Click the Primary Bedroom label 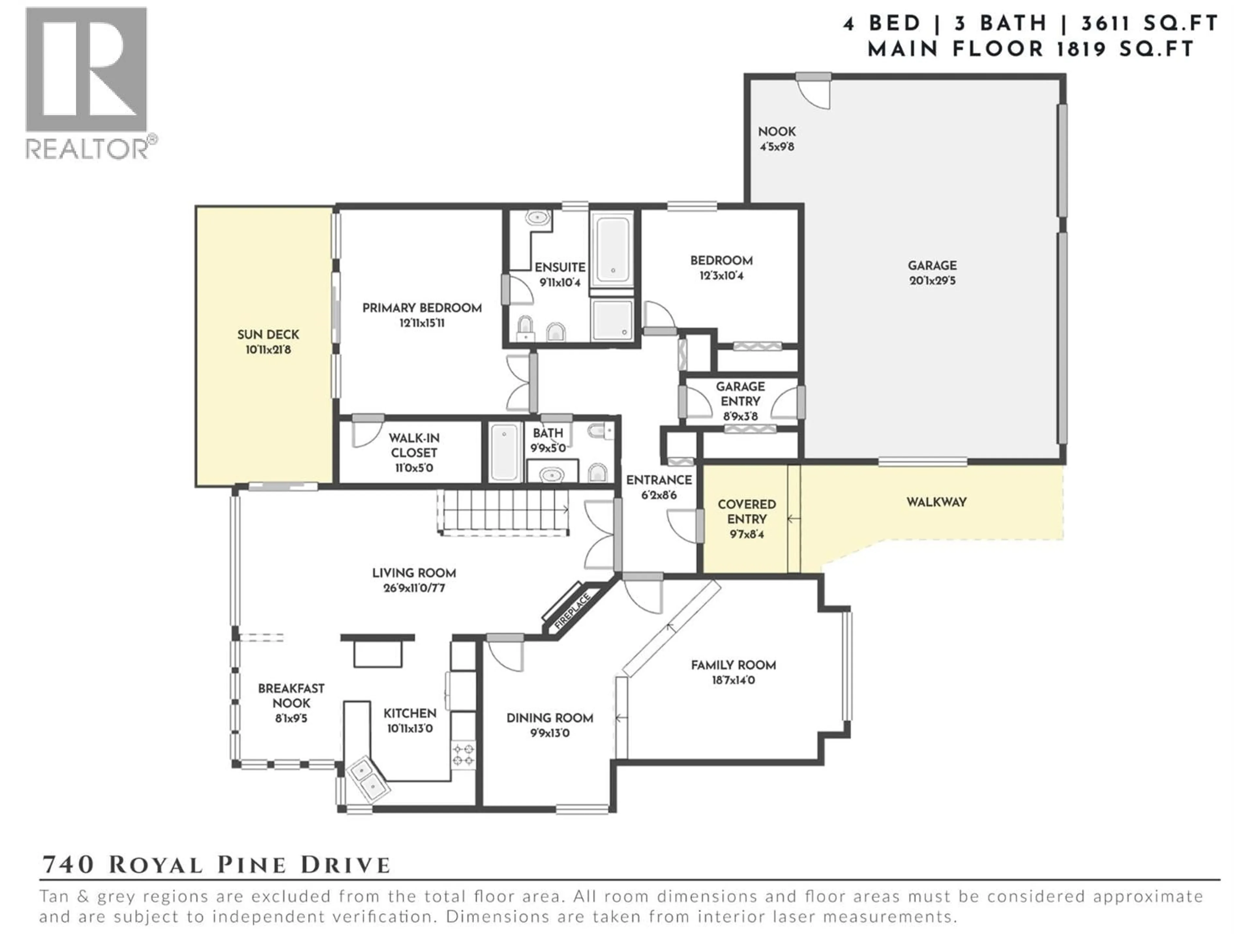coord(422,308)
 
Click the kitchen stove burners coord(463,755)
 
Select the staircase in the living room coord(503,511)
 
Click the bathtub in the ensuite coord(613,250)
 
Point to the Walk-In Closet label coord(414,445)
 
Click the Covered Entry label coord(747,512)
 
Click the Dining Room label coord(550,718)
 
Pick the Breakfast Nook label coord(291,696)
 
